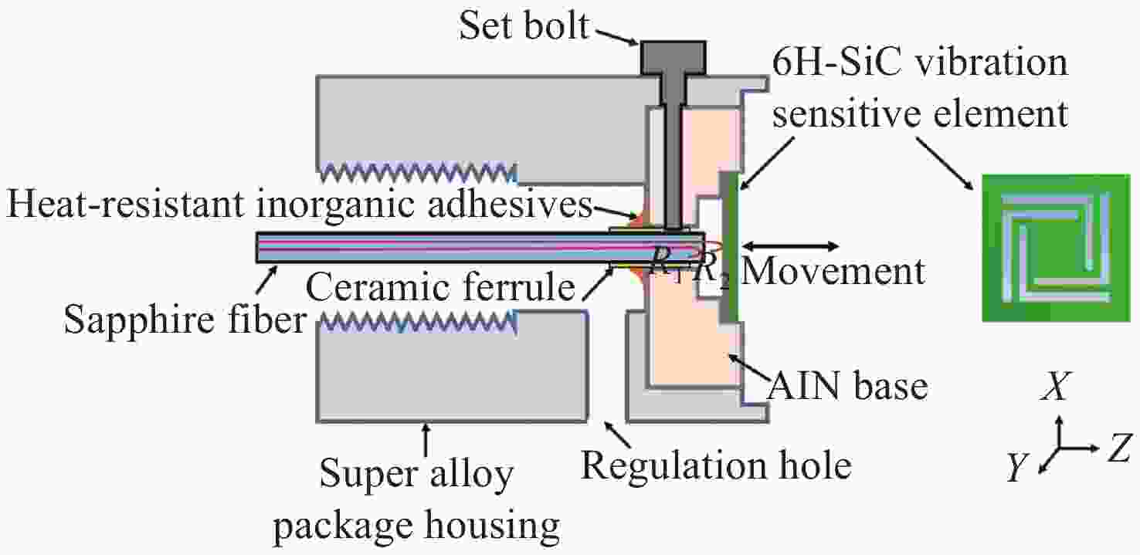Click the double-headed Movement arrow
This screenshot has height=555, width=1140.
pyautogui.click(x=792, y=246)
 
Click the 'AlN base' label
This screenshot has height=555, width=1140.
pyautogui.click(x=847, y=385)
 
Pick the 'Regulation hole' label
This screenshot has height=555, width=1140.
pyautogui.click(x=716, y=465)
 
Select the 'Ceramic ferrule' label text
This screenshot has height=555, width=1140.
pyautogui.click(x=441, y=289)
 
